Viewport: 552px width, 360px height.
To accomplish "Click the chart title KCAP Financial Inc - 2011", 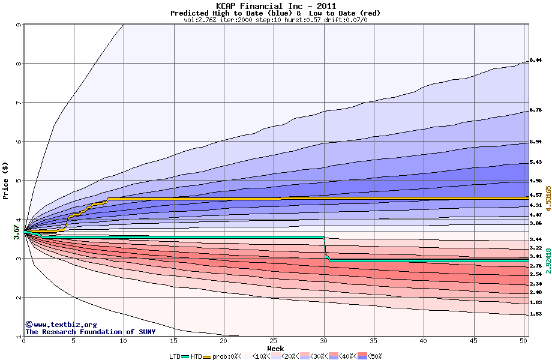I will pos(276,6).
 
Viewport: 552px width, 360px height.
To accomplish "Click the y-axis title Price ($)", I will pos(6,181).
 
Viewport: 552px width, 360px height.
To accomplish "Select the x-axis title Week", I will pos(275,349).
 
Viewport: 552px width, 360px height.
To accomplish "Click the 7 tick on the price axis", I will pos(19,103).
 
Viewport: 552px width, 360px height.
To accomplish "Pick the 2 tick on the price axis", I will pos(19,298).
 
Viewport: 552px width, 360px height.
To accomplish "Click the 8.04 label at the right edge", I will pos(535,60).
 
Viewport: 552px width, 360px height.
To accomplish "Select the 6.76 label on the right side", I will pos(535,110).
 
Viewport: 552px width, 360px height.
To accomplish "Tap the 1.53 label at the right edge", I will pos(535,314).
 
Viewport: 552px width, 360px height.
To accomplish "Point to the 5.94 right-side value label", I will pos(535,142).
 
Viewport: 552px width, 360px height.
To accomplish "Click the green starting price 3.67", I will pos(17,232).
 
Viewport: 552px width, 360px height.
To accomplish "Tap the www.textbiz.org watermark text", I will pos(57,324).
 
